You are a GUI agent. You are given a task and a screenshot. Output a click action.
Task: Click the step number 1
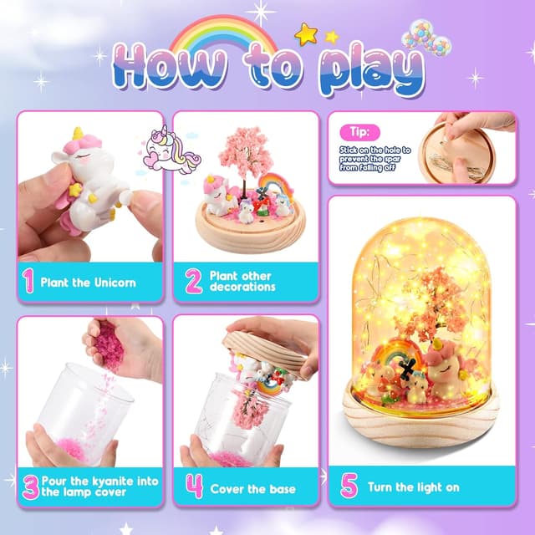tap(29, 283)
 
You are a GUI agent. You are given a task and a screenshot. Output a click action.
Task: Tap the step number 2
tap(194, 282)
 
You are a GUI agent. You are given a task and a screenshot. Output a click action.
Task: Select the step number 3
tap(31, 487)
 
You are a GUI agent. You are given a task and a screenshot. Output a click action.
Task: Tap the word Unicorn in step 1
tap(115, 283)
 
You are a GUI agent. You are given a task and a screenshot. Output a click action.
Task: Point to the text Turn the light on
tap(415, 487)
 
